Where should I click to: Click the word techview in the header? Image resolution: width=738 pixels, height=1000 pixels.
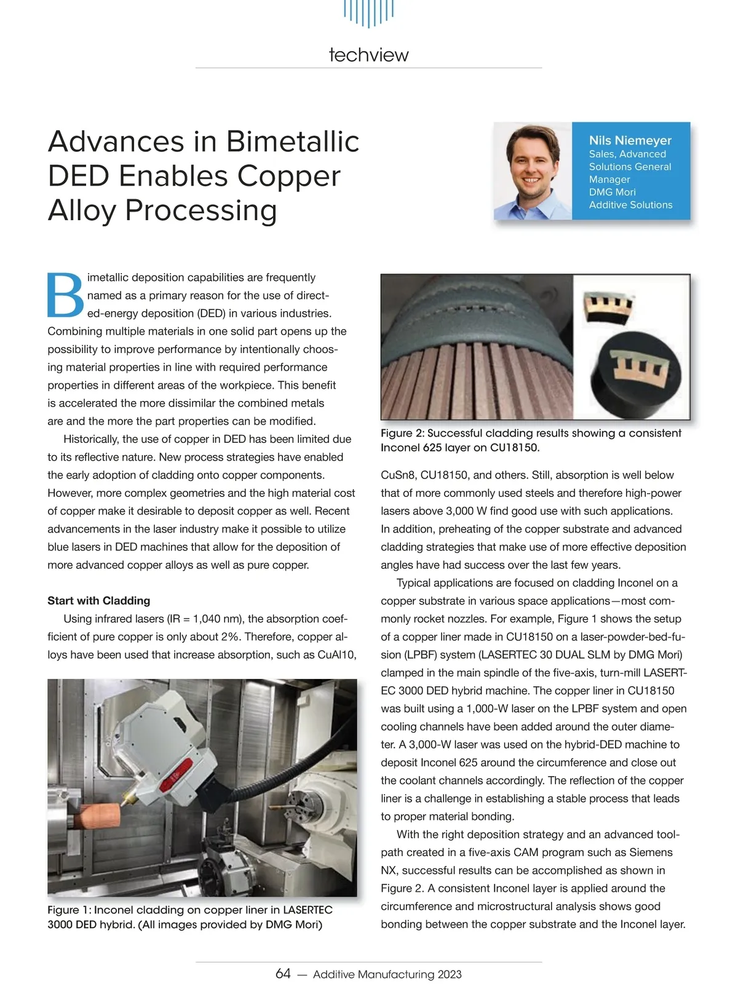368,55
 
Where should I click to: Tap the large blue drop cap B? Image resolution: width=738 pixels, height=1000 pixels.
65,295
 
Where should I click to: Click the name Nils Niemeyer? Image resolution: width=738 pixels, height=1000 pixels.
630,141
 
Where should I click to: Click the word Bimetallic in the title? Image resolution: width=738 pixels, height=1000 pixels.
293,141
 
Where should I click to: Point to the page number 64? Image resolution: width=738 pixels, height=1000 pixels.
283,974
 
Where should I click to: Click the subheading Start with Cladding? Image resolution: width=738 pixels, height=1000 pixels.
98,600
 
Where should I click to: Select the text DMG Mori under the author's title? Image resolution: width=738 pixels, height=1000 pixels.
612,192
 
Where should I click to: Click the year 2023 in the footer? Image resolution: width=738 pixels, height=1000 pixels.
449,974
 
